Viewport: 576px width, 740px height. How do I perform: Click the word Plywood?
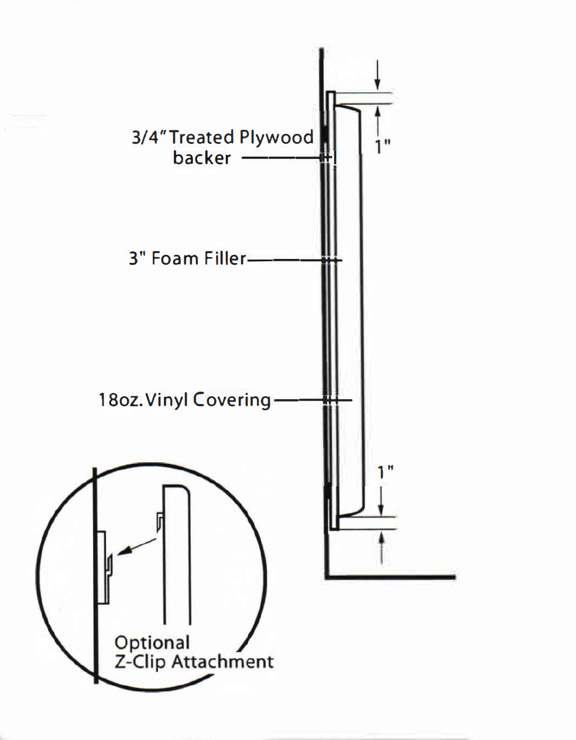point(276,138)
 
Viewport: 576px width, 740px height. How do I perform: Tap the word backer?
point(201,158)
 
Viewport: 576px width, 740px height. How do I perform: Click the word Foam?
point(175,258)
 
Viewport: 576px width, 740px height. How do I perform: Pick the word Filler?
point(225,258)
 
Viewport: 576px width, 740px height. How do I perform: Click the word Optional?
point(152,642)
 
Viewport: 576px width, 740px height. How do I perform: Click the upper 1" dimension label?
point(383,146)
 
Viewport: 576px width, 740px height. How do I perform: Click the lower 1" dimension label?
point(385,472)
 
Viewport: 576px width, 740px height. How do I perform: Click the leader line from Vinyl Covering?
point(299,400)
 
